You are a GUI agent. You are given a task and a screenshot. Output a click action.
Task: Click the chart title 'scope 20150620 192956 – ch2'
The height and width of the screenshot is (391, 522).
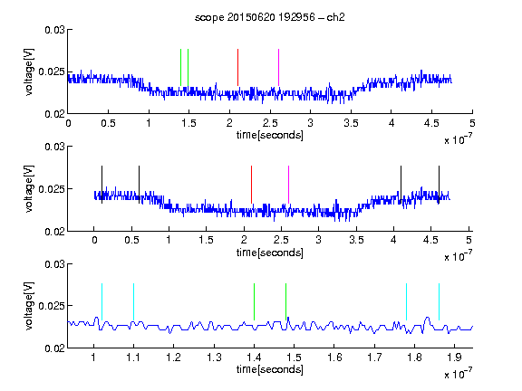click(x=270, y=17)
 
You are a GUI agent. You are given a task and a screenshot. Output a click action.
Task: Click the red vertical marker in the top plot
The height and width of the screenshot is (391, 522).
click(x=237, y=67)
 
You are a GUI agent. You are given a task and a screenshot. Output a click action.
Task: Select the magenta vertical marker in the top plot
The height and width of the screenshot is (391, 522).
click(x=278, y=67)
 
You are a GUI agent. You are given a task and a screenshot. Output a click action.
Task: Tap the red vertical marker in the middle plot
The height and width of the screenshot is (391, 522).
click(x=251, y=185)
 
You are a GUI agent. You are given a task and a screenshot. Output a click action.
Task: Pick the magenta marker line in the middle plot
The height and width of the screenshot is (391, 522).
click(x=288, y=185)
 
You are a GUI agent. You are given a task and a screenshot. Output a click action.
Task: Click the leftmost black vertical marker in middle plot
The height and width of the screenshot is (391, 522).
click(x=101, y=185)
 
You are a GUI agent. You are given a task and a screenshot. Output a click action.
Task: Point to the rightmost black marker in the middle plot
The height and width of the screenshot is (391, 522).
click(x=439, y=185)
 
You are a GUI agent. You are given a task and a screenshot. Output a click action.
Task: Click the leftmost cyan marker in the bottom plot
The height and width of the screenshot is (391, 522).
click(x=101, y=302)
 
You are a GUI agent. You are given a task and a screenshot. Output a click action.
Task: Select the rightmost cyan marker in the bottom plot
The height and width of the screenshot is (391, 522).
click(x=439, y=302)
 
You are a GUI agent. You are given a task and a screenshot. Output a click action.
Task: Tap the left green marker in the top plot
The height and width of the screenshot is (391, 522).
click(x=180, y=67)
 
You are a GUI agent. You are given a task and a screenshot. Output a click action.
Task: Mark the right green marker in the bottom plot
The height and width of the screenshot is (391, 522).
click(x=285, y=302)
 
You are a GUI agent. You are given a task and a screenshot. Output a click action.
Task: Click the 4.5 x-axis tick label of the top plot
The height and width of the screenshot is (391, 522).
click(x=431, y=123)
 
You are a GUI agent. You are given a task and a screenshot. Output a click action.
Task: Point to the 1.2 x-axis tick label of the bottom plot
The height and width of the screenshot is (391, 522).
click(x=173, y=358)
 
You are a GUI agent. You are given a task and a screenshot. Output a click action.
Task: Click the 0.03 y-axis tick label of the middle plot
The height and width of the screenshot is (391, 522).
click(x=55, y=147)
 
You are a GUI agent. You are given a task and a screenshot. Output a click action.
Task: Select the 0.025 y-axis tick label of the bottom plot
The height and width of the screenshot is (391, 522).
click(x=52, y=306)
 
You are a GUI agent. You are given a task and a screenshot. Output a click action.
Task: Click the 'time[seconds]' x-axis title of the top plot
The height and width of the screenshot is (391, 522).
click(x=270, y=135)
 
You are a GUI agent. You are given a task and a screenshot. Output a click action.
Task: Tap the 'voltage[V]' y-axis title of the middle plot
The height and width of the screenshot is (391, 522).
click(x=29, y=188)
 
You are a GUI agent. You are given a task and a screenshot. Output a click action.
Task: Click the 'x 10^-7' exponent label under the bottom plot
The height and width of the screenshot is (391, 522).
click(x=458, y=374)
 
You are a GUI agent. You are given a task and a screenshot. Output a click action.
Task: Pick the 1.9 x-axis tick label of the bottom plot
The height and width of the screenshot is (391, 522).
click(x=454, y=358)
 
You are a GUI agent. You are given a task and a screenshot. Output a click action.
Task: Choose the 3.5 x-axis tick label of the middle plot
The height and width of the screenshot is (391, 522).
click(x=356, y=240)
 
